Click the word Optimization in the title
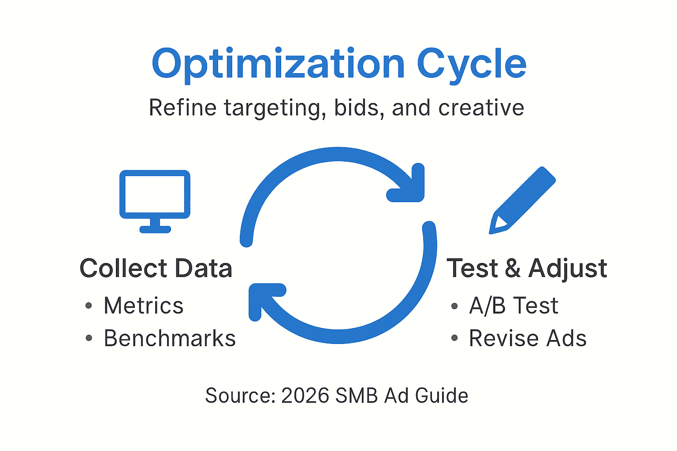pyautogui.click(x=278, y=64)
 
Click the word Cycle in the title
pyautogui.click(x=471, y=64)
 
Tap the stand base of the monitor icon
pyautogui.click(x=155, y=229)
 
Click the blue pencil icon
pyautogui.click(x=522, y=200)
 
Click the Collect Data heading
pyautogui.click(x=156, y=268)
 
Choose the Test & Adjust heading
pyautogui.click(x=527, y=268)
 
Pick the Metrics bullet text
pyautogui.click(x=143, y=306)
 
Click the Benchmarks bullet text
pyautogui.click(x=170, y=339)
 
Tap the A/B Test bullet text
pyautogui.click(x=513, y=306)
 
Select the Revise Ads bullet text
pyautogui.click(x=528, y=339)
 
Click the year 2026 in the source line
pyautogui.click(x=305, y=396)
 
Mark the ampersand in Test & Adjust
pyautogui.click(x=512, y=268)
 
